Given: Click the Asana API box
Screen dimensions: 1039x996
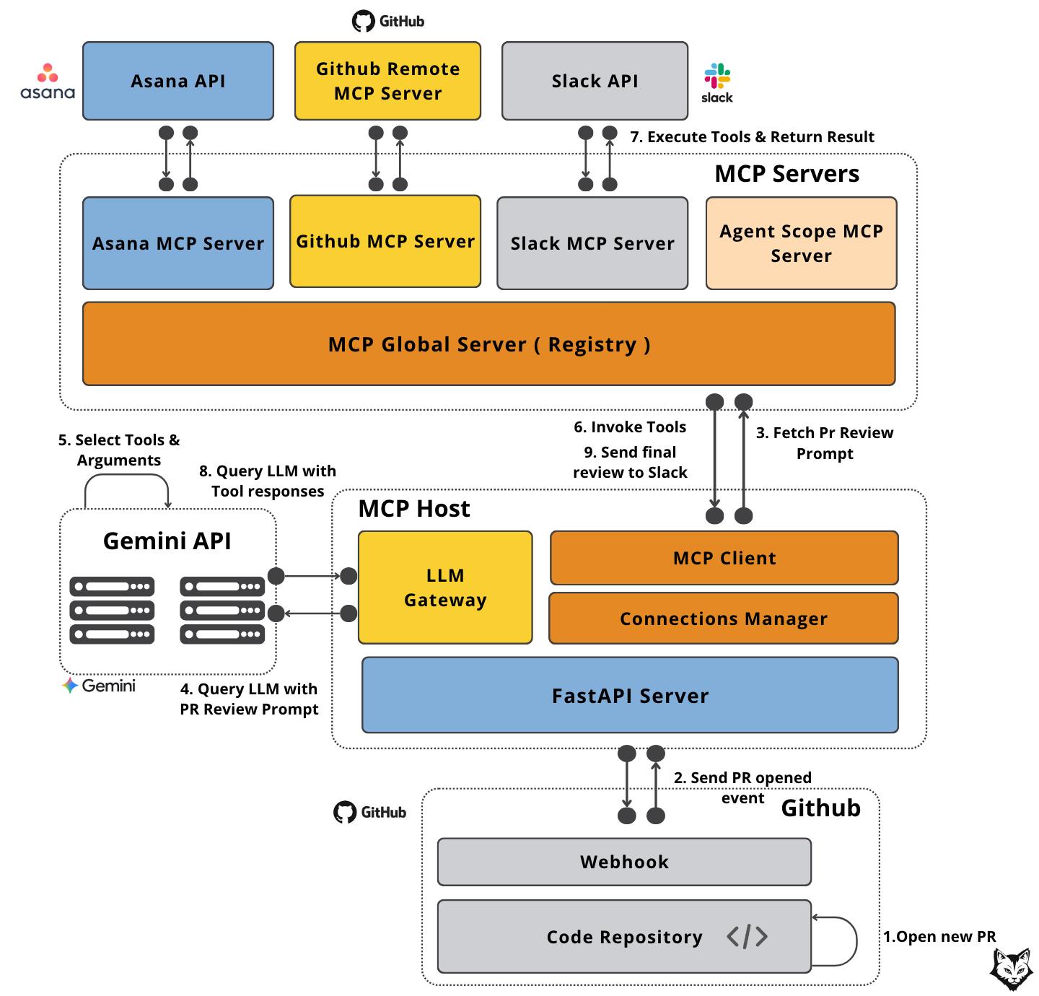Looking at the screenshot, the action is pyautogui.click(x=177, y=81).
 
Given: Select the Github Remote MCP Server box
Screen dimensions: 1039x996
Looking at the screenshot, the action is pyautogui.click(x=387, y=81).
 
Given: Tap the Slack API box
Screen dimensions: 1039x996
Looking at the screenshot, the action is pyautogui.click(x=595, y=81).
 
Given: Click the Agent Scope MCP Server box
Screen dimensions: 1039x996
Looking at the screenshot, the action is pyautogui.click(x=801, y=243).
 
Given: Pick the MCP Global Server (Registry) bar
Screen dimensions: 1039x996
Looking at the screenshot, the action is pyautogui.click(x=488, y=344).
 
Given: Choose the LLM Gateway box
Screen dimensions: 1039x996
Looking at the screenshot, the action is pyautogui.click(x=445, y=587).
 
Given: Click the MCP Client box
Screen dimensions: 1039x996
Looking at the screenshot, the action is pyautogui.click(x=724, y=558).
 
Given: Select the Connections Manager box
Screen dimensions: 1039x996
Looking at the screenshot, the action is pyautogui.click(x=724, y=618).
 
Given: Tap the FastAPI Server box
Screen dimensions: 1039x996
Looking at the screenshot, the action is pyautogui.click(x=630, y=695).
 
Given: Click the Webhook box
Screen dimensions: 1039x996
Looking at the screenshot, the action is pyautogui.click(x=624, y=862).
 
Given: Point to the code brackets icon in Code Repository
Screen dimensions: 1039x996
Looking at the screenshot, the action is pyautogui.click(x=747, y=936).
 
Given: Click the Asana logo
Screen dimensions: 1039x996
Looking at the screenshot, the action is pyautogui.click(x=48, y=81).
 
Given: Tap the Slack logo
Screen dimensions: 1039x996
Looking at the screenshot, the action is pyautogui.click(x=717, y=83).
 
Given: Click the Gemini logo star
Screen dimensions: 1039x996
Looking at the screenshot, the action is pyautogui.click(x=70, y=685).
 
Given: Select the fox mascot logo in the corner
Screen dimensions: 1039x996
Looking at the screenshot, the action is pyautogui.click(x=1012, y=969).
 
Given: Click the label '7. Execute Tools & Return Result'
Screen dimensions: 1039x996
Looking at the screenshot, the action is pyautogui.click(x=752, y=136).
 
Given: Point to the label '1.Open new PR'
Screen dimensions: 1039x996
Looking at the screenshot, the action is pyautogui.click(x=939, y=936).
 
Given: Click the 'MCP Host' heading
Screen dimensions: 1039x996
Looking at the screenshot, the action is pyautogui.click(x=413, y=508).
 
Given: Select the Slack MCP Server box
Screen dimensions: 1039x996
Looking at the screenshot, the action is pyautogui.click(x=592, y=243).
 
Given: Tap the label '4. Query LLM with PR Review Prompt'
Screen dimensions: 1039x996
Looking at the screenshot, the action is pyautogui.click(x=249, y=699).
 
